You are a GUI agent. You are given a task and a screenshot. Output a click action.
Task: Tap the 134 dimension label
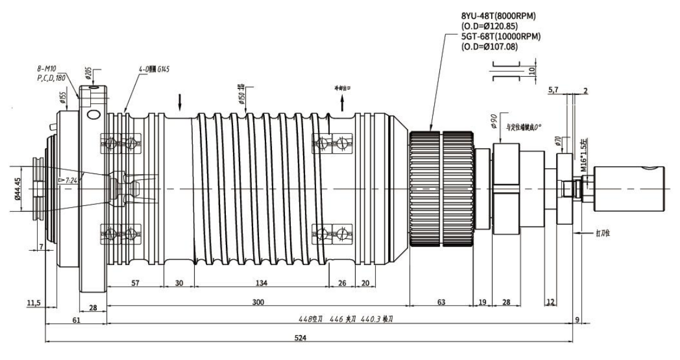point(261,283)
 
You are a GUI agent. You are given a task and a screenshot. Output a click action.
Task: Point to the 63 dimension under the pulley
point(441,302)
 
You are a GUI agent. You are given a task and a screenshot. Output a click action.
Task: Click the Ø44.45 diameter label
point(19,188)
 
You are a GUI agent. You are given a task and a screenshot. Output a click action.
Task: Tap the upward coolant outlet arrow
point(343,104)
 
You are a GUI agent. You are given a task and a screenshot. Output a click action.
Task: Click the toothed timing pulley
point(442,188)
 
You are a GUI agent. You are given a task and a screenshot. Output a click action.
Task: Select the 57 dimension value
point(134,283)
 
